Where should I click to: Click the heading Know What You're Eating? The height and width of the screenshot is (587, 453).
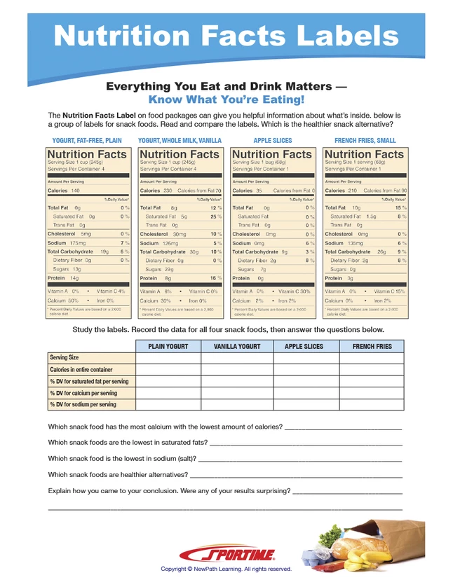click(x=226, y=99)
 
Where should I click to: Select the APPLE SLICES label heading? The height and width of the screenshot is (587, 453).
click(x=273, y=141)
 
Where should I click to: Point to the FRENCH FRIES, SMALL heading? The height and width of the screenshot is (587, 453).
click(x=365, y=141)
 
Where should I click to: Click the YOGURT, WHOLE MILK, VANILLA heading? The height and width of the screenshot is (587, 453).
click(x=180, y=141)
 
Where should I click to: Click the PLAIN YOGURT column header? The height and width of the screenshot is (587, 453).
click(x=168, y=347)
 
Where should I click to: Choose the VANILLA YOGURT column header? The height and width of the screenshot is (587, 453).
click(x=236, y=347)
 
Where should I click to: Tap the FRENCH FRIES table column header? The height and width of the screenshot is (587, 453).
click(x=372, y=347)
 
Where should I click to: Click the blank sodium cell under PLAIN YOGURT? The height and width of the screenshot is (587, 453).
click(x=168, y=406)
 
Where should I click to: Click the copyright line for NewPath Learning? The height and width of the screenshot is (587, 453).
click(x=226, y=569)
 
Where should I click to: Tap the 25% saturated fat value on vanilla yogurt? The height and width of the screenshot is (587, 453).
click(x=217, y=216)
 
